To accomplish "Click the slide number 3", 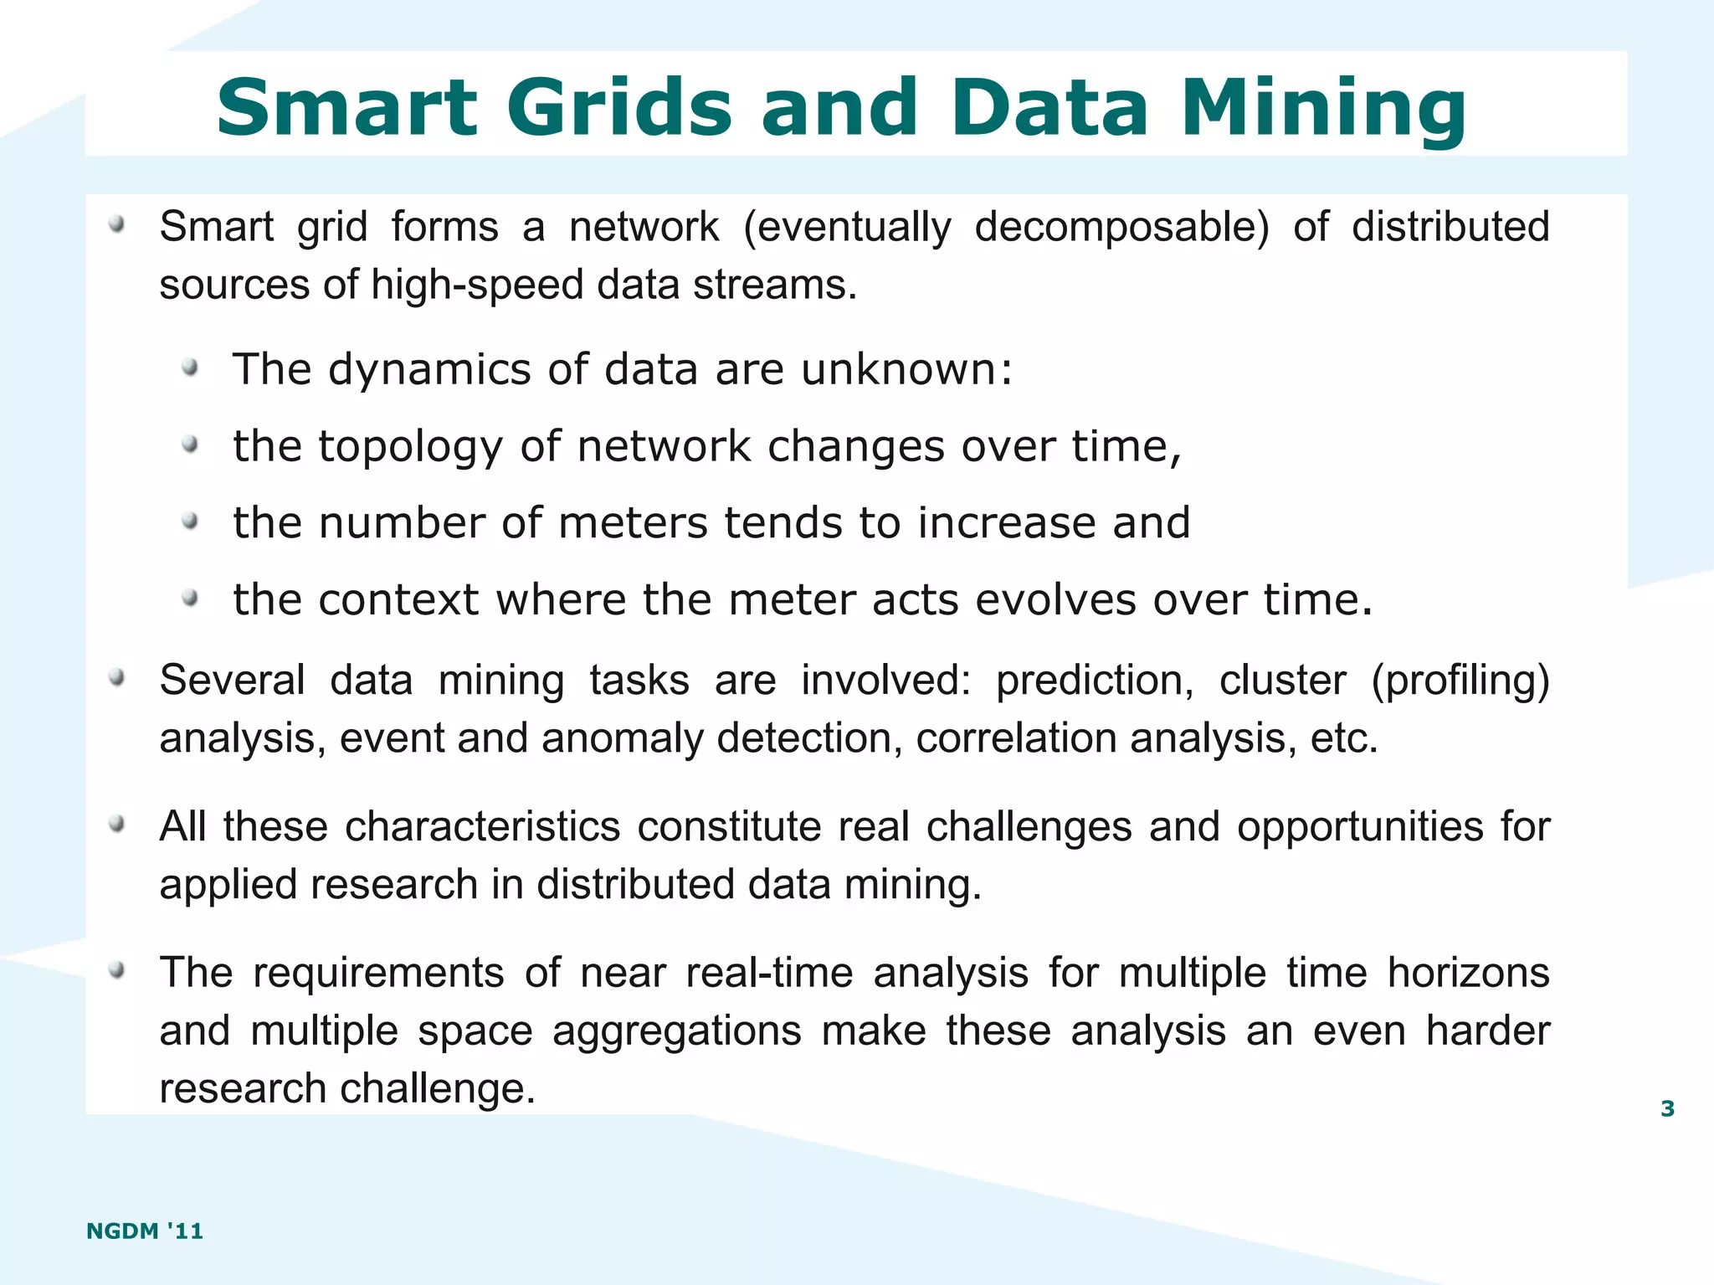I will (1667, 1109).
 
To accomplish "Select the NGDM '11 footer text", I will (145, 1231).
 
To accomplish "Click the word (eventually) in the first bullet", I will (847, 228).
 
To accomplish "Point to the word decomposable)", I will (1121, 228).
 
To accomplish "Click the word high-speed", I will (477, 285).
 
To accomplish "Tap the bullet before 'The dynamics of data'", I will (191, 368).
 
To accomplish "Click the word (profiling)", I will (1460, 681).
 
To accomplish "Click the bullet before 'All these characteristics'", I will (117, 825).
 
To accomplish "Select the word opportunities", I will (1360, 827).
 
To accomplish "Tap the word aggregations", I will (676, 1031).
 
